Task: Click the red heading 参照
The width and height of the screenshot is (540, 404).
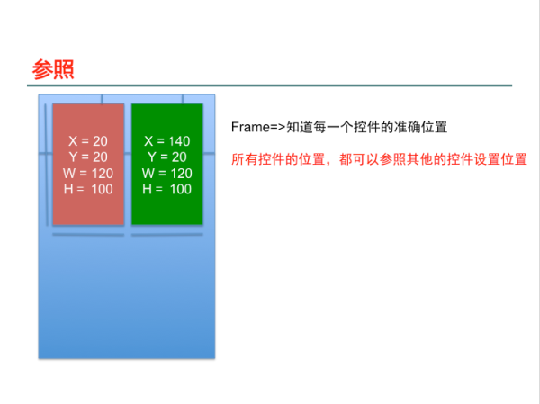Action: pos(53,69)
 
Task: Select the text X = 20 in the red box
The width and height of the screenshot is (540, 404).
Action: pos(88,141)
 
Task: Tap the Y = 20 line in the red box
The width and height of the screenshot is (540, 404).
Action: pos(88,157)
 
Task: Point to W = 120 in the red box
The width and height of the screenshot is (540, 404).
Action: pos(88,174)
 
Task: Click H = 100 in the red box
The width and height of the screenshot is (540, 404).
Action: pos(88,189)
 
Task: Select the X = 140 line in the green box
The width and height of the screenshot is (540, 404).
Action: pos(167,141)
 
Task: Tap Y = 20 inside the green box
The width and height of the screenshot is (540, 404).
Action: pos(167,157)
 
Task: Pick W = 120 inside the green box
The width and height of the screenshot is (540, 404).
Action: pos(167,174)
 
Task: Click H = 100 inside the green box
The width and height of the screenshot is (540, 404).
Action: pos(167,189)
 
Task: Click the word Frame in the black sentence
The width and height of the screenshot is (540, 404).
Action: pos(250,127)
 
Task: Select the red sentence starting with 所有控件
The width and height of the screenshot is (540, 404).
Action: pos(379,159)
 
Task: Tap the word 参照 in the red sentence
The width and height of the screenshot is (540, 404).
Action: pos(392,159)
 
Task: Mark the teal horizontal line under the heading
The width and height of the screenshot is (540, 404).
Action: pos(270,85)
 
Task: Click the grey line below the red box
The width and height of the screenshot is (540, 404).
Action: pos(88,235)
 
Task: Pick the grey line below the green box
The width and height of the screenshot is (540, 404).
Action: pos(167,235)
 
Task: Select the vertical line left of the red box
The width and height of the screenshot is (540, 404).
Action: pos(47,165)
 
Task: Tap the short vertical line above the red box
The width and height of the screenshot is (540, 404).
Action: pos(102,99)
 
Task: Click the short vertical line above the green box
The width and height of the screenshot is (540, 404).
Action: pos(183,99)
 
